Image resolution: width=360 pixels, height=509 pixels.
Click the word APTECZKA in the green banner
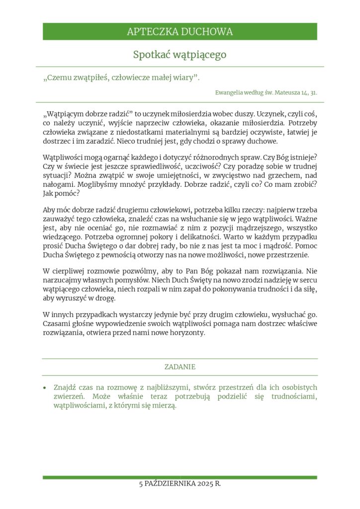(149, 32)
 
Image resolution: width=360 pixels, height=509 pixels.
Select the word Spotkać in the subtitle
(151, 55)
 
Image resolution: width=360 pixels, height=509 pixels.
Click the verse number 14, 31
(309, 92)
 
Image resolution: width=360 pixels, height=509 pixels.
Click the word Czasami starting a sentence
(57, 324)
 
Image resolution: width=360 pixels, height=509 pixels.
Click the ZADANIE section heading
(180, 367)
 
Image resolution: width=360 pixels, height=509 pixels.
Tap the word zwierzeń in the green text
(70, 397)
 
